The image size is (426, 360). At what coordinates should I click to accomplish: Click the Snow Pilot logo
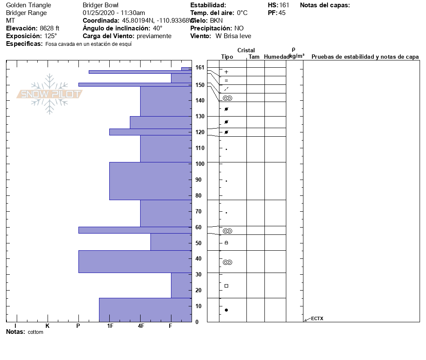(49, 94)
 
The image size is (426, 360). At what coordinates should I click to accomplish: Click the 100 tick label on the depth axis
(199, 164)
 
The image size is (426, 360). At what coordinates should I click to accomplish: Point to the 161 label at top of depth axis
(200, 67)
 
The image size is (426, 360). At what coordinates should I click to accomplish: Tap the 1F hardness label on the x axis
(110, 326)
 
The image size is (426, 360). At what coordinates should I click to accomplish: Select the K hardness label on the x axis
(48, 326)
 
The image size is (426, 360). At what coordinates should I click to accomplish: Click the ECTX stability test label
(317, 318)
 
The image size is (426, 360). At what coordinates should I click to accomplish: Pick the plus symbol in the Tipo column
(226, 72)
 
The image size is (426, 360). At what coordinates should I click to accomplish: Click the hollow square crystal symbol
(226, 286)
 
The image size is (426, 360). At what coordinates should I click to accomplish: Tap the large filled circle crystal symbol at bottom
(226, 310)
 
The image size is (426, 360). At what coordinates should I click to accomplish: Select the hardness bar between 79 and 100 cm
(150, 181)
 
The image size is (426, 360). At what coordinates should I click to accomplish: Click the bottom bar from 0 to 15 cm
(145, 309)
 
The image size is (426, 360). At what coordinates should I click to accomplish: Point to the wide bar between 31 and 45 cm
(135, 261)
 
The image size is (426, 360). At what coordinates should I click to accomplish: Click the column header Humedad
(277, 57)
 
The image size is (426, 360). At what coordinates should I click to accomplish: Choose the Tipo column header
(227, 57)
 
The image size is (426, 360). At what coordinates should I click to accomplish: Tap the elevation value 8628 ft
(50, 28)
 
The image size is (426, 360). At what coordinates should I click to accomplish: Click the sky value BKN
(216, 21)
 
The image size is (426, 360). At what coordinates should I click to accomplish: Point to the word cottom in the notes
(36, 332)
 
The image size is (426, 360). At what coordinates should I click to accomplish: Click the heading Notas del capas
(325, 5)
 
